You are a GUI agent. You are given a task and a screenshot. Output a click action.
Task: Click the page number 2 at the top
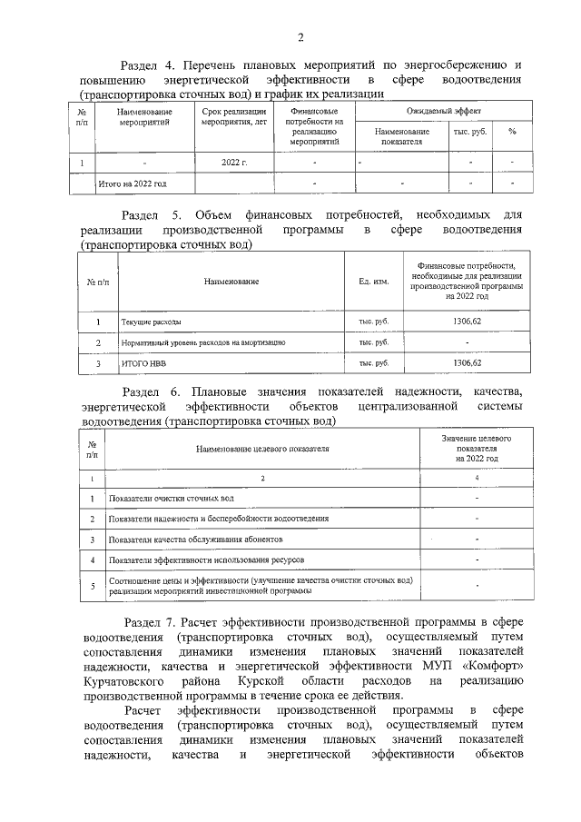click(x=300, y=37)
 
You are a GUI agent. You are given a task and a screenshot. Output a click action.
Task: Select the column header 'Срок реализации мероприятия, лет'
click(x=234, y=115)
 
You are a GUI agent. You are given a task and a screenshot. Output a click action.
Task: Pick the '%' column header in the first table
click(x=512, y=132)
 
